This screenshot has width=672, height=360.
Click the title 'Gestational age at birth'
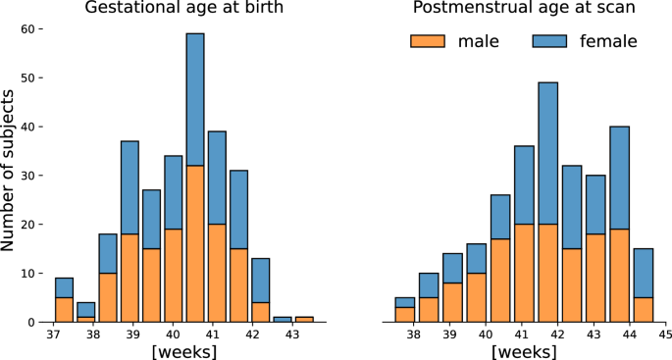[181, 9]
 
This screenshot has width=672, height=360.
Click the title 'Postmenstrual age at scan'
[524, 9]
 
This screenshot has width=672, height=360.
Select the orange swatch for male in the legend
[427, 41]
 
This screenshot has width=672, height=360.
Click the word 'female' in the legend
[608, 41]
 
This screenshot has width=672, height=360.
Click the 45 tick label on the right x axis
[664, 334]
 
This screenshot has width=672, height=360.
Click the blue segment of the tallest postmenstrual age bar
[548, 152]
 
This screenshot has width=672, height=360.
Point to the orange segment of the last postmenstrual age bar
[644, 309]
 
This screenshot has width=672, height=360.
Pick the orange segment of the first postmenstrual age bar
[405, 314]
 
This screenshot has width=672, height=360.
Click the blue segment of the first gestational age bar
[64, 287]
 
